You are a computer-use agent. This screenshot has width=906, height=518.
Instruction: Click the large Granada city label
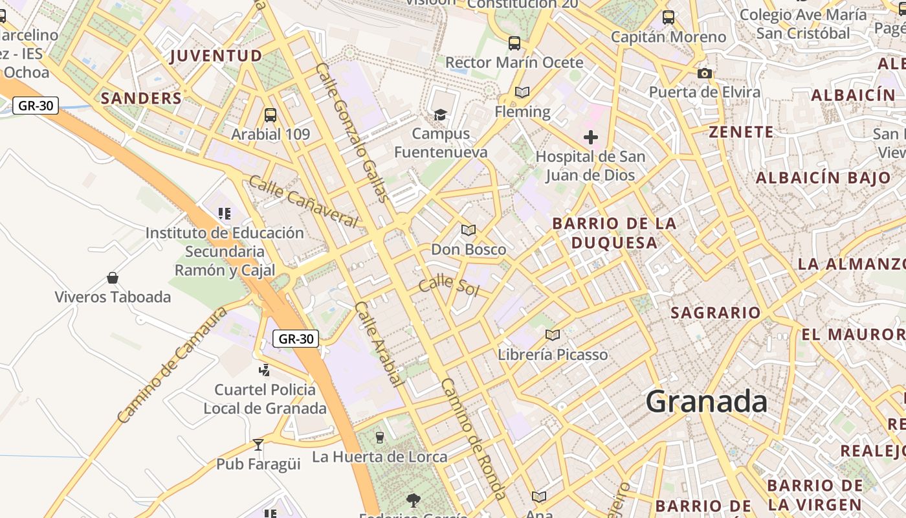(x=707, y=401)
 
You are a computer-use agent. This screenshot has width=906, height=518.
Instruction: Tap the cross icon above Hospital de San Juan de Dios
(x=590, y=137)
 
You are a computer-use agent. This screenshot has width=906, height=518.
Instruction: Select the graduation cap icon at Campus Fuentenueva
(x=441, y=115)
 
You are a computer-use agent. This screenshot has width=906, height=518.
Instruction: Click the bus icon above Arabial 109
(x=271, y=115)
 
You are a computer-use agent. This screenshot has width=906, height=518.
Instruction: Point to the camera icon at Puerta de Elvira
(x=705, y=74)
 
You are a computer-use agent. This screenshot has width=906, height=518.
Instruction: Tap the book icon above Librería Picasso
(x=552, y=335)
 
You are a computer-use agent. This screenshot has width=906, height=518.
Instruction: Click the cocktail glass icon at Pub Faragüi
(x=258, y=445)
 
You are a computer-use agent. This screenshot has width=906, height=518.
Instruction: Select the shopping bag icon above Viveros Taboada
(x=113, y=278)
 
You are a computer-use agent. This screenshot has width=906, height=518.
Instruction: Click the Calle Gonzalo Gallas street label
(x=353, y=133)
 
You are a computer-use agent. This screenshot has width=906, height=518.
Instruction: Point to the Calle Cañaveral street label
(x=303, y=201)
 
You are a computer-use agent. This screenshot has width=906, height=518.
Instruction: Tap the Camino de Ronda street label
(x=474, y=439)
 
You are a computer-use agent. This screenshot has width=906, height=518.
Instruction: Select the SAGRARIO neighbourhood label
(x=715, y=313)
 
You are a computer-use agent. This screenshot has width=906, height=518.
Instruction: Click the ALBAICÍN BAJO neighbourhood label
(x=823, y=177)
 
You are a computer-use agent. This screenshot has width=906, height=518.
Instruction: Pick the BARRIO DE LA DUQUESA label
(x=613, y=233)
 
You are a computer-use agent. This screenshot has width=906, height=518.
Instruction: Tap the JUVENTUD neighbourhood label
(x=216, y=56)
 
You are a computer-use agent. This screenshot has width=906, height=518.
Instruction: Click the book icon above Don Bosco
(x=469, y=230)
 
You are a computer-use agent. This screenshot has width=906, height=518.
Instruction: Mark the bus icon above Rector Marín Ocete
(x=514, y=43)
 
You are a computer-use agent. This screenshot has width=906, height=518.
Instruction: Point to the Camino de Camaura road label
(x=173, y=365)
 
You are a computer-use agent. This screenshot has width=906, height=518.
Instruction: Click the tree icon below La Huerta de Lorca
(x=414, y=500)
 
